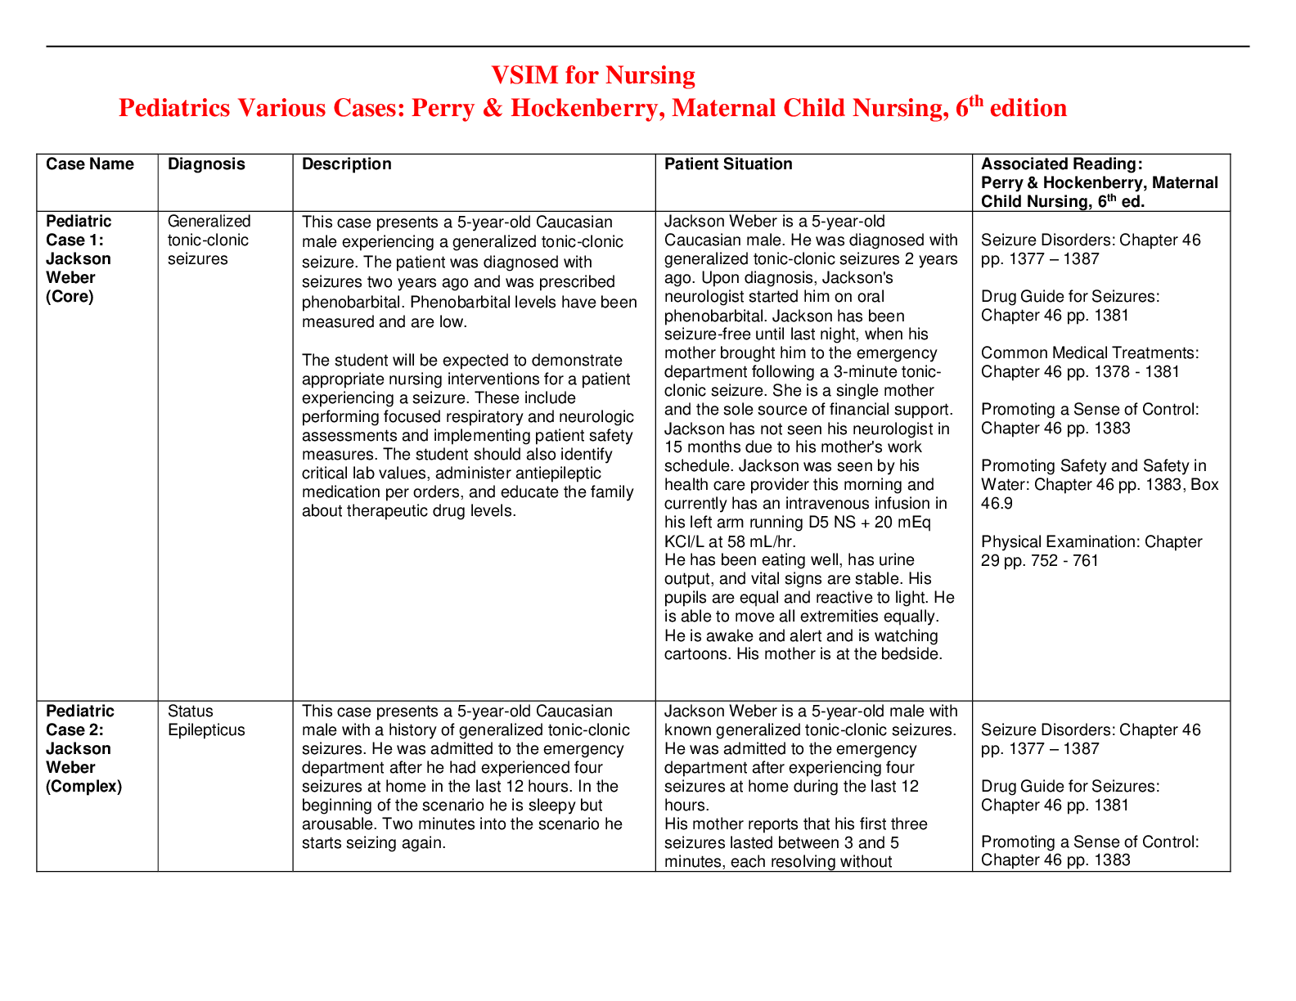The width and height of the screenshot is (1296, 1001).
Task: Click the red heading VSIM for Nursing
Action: click(x=592, y=75)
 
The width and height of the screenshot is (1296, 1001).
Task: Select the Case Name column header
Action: click(x=90, y=164)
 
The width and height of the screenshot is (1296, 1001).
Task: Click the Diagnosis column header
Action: click(x=206, y=164)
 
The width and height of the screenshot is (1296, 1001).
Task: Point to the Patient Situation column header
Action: click(x=728, y=164)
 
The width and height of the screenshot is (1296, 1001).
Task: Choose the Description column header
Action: click(x=347, y=164)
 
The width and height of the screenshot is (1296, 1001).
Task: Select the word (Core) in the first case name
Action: click(x=70, y=297)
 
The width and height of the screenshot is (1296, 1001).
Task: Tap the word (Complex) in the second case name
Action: click(x=83, y=787)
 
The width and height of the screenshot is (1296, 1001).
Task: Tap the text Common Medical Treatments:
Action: click(x=1090, y=353)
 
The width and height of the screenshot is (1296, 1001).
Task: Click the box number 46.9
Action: click(x=997, y=504)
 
